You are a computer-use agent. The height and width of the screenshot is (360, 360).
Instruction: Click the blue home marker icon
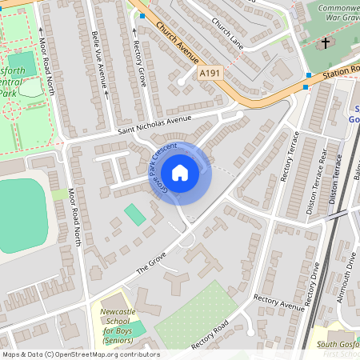click(x=180, y=173)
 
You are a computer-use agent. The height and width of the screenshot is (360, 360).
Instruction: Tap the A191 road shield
click(x=210, y=74)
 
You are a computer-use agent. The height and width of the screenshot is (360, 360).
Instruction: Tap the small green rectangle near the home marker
click(x=135, y=214)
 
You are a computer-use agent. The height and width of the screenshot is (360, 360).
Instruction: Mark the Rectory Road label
click(x=210, y=336)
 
